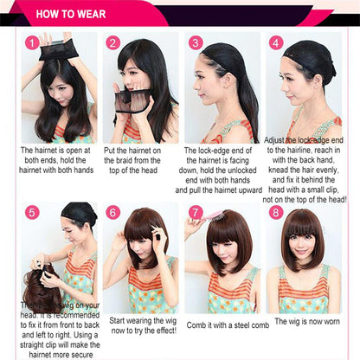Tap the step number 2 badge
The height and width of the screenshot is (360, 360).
[112, 42]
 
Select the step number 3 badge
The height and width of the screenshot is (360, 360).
[196, 42]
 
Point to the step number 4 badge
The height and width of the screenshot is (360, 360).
[275, 42]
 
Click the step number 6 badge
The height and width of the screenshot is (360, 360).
[112, 212]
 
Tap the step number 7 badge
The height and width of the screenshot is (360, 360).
[196, 212]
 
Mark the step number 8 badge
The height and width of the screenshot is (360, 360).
[275, 212]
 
